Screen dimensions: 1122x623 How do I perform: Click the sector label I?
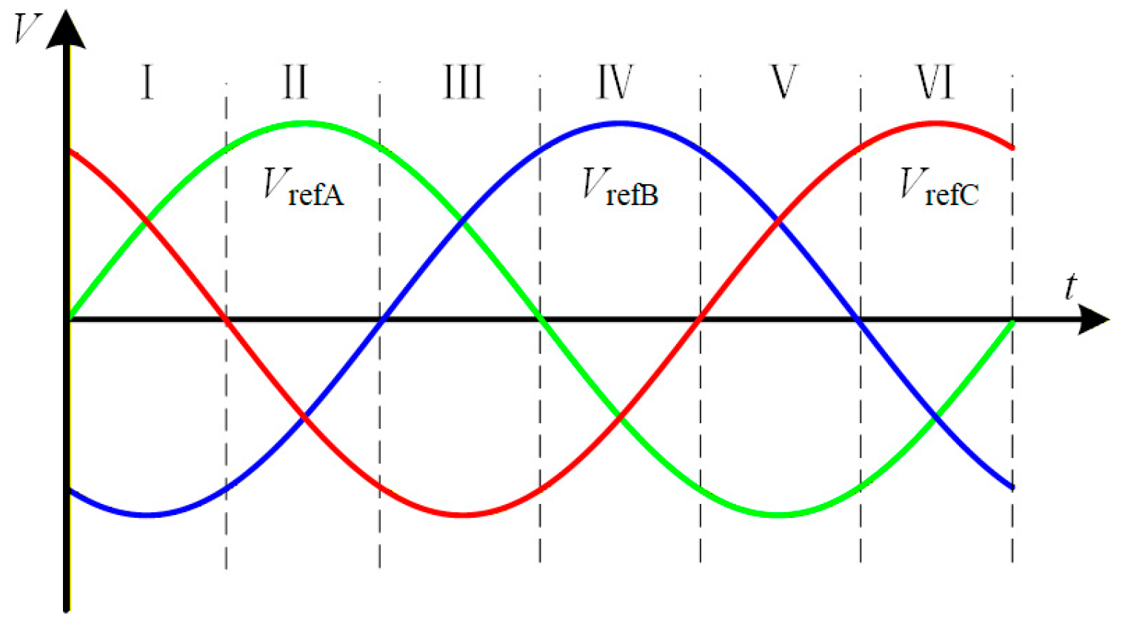coord(147,82)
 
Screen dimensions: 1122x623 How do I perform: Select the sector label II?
coord(295,82)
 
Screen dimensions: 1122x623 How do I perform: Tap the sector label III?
coord(463,82)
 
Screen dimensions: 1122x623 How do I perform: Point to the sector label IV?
coord(615,82)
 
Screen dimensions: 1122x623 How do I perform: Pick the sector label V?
coord(784,82)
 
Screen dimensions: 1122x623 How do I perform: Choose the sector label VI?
coord(935,82)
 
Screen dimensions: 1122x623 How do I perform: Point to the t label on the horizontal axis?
coord(1070,286)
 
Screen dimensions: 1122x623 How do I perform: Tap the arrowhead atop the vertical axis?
coord(66,30)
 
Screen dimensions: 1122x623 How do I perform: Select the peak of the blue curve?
coord(621,124)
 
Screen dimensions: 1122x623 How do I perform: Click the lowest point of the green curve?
coord(778,514)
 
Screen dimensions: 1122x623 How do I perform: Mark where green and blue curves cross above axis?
coord(463,220)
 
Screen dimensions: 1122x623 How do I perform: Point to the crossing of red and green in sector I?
coord(147,220)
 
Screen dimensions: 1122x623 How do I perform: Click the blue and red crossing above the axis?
coord(778,220)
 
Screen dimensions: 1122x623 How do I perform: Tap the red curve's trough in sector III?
coord(462,514)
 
